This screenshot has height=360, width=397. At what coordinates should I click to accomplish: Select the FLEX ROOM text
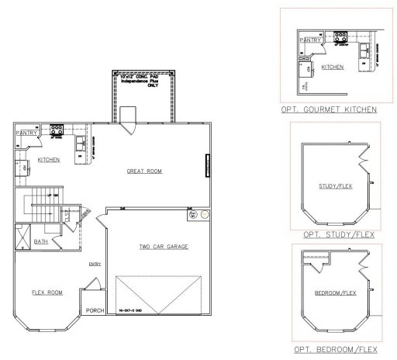pyautogui.click(x=47, y=292)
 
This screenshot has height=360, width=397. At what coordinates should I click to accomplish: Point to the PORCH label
pyautogui.click(x=95, y=311)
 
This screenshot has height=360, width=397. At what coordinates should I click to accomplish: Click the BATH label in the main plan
pyautogui.click(x=41, y=241)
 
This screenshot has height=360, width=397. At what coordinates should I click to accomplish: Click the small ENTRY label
pyautogui.click(x=95, y=264)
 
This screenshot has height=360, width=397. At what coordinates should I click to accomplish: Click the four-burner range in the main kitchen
pyautogui.click(x=56, y=131)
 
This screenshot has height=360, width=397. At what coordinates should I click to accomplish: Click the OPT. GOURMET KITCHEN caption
pyautogui.click(x=330, y=110)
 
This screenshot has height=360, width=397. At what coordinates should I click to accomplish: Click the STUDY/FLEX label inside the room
pyautogui.click(x=333, y=187)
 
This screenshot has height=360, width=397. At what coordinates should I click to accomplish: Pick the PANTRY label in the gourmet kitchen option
pyautogui.click(x=310, y=40)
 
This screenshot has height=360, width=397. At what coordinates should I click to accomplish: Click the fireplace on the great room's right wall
pyautogui.click(x=208, y=164)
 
